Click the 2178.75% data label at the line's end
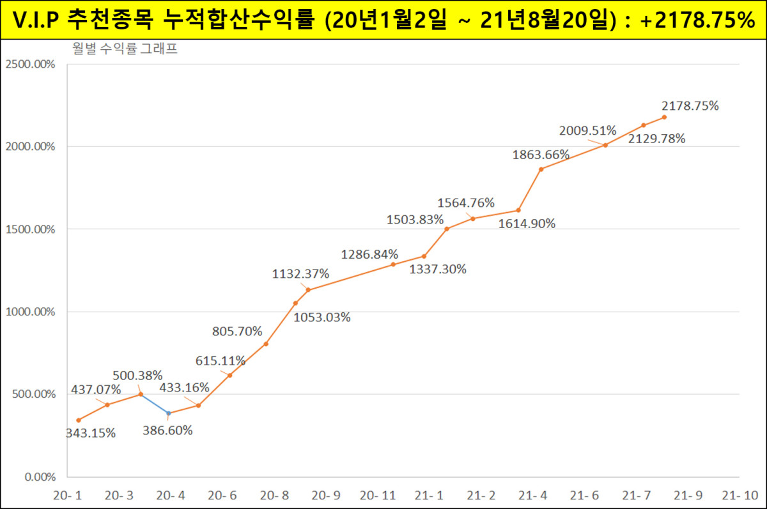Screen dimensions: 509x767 [x=690, y=106]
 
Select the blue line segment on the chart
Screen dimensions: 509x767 [x=155, y=404]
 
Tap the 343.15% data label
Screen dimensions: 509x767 [x=91, y=433]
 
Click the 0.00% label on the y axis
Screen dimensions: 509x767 [x=40, y=477]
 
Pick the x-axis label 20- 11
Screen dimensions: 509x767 [x=378, y=496]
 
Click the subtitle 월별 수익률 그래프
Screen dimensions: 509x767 [x=125, y=49]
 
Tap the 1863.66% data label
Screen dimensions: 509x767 [x=541, y=154]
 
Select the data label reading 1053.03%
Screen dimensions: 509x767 [x=322, y=317]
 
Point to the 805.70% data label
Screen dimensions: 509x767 [x=237, y=331]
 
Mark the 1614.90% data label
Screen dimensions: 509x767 [x=527, y=224]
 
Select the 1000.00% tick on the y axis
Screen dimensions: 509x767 [x=29, y=312]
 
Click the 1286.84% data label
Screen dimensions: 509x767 [x=369, y=254]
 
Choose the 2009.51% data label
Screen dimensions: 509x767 [x=588, y=131]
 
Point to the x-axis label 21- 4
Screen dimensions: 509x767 [x=532, y=496]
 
